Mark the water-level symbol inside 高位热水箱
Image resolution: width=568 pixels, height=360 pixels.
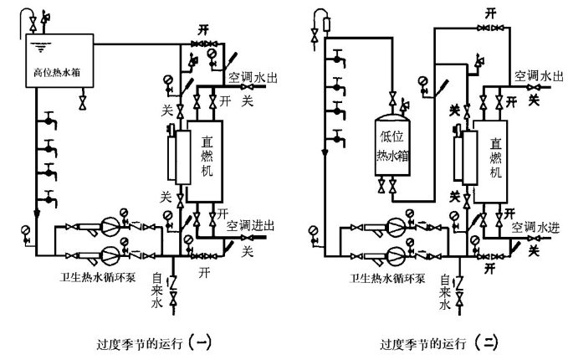[38, 46]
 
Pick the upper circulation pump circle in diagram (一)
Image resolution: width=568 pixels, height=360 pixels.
[110, 227]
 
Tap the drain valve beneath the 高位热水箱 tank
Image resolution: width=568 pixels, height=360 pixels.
[82, 102]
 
